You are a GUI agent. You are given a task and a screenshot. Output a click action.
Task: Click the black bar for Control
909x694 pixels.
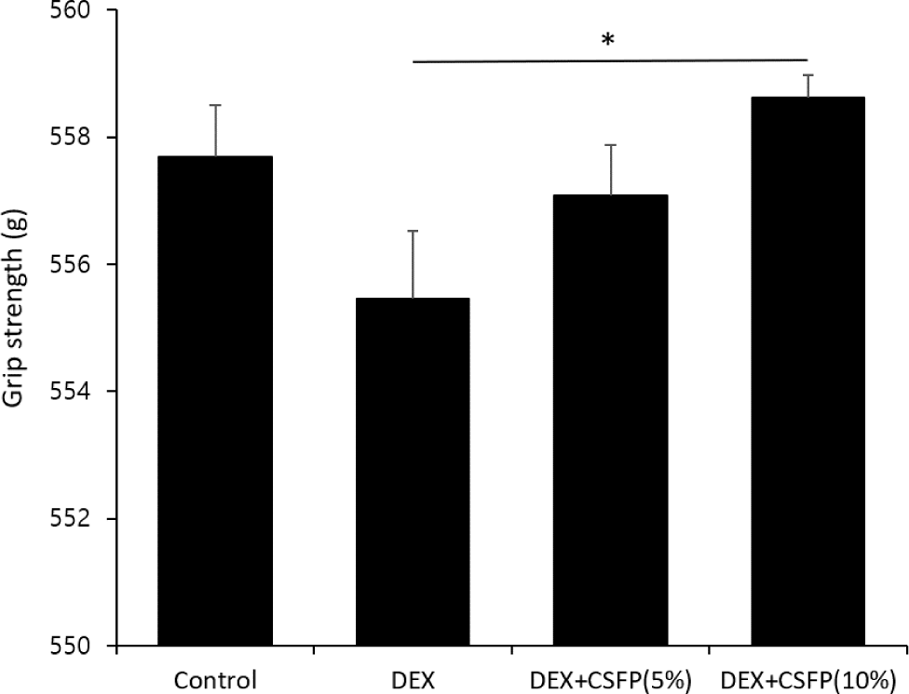[215, 400]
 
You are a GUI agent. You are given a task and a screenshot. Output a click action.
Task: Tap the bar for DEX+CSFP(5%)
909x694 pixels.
[610, 420]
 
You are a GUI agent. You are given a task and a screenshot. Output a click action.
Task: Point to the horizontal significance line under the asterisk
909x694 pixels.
[609, 62]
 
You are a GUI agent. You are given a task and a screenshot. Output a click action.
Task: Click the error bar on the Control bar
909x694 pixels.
[215, 130]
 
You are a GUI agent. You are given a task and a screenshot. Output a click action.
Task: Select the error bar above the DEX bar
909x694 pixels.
[413, 264]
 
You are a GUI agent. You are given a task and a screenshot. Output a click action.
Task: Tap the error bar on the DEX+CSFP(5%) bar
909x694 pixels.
[610, 169]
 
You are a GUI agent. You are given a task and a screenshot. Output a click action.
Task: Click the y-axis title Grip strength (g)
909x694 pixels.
[16, 328]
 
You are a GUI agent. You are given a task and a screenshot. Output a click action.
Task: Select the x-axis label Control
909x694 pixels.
[215, 678]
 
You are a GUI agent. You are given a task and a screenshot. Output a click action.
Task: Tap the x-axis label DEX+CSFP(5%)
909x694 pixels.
[610, 678]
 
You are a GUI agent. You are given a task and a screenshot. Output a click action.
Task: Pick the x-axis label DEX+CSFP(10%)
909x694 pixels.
[807, 678]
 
